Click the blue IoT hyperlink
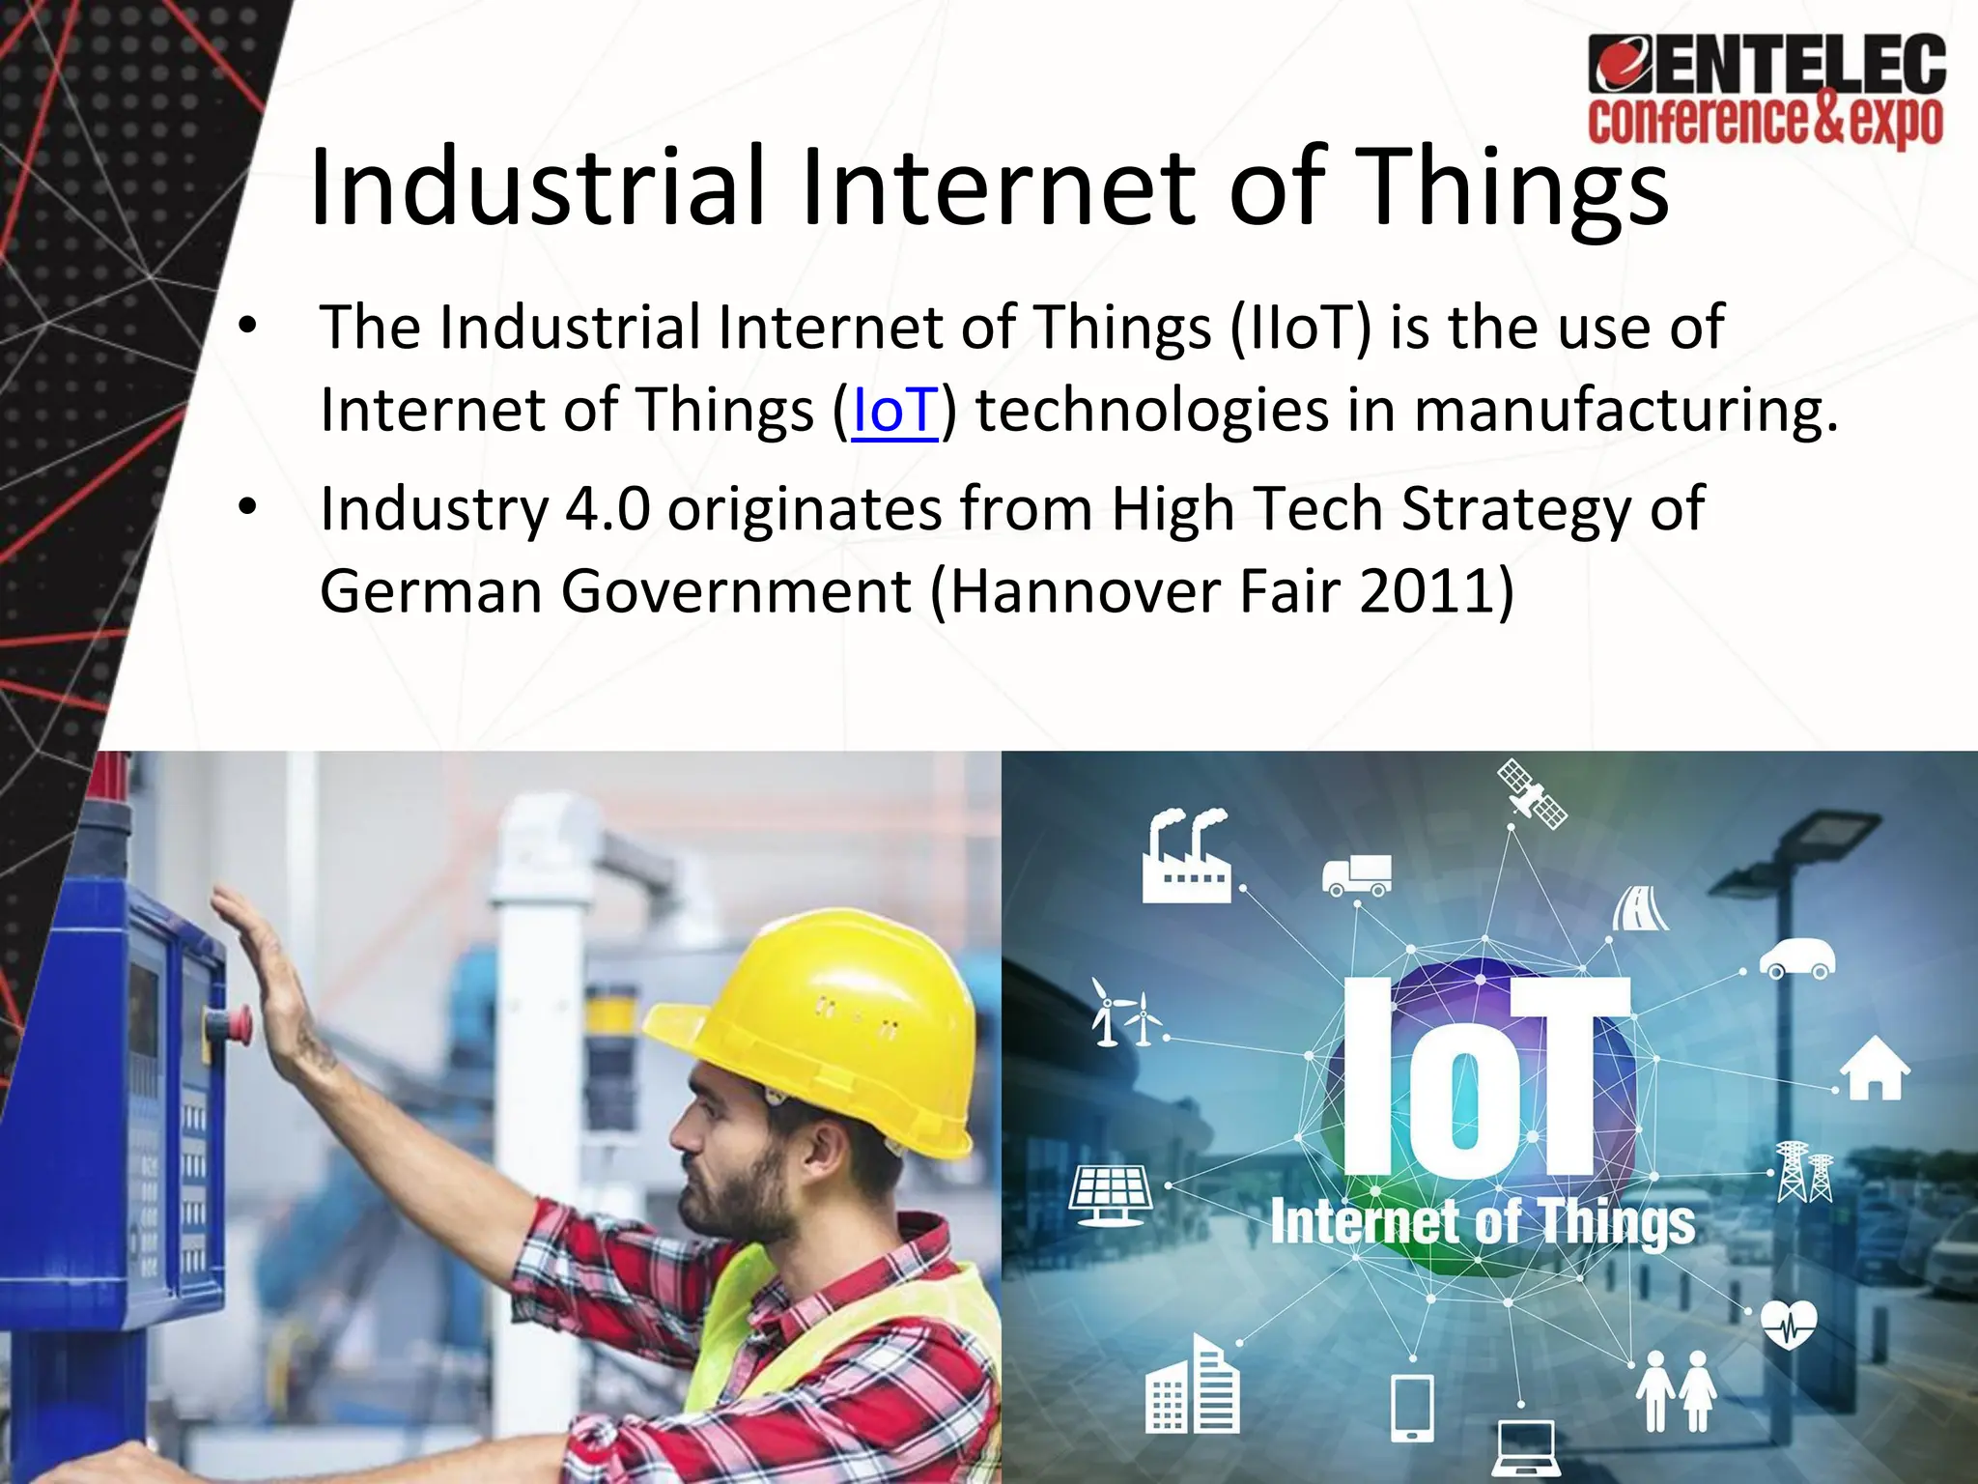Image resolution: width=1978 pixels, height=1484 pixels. [x=894, y=411]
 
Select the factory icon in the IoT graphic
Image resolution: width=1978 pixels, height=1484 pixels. [x=1185, y=858]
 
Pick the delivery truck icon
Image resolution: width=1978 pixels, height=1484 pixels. [x=1357, y=875]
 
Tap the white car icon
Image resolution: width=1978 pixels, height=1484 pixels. [x=1796, y=957]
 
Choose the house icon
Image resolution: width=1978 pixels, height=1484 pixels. [x=1874, y=1067]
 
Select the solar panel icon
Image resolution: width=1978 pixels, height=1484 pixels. [x=1111, y=1195]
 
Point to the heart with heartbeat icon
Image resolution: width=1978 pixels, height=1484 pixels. [x=1789, y=1325]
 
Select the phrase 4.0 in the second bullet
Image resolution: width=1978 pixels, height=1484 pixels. [x=608, y=509]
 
